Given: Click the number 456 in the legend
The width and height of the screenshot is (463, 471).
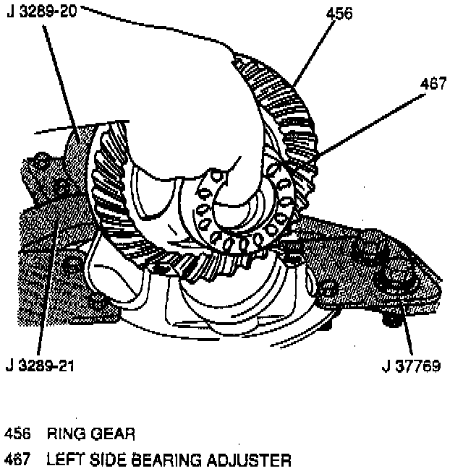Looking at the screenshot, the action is pyautogui.click(x=17, y=434).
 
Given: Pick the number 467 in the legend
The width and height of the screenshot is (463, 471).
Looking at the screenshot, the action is pyautogui.click(x=17, y=459).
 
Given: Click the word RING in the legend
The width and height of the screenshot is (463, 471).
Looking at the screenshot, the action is pyautogui.click(x=64, y=434).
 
